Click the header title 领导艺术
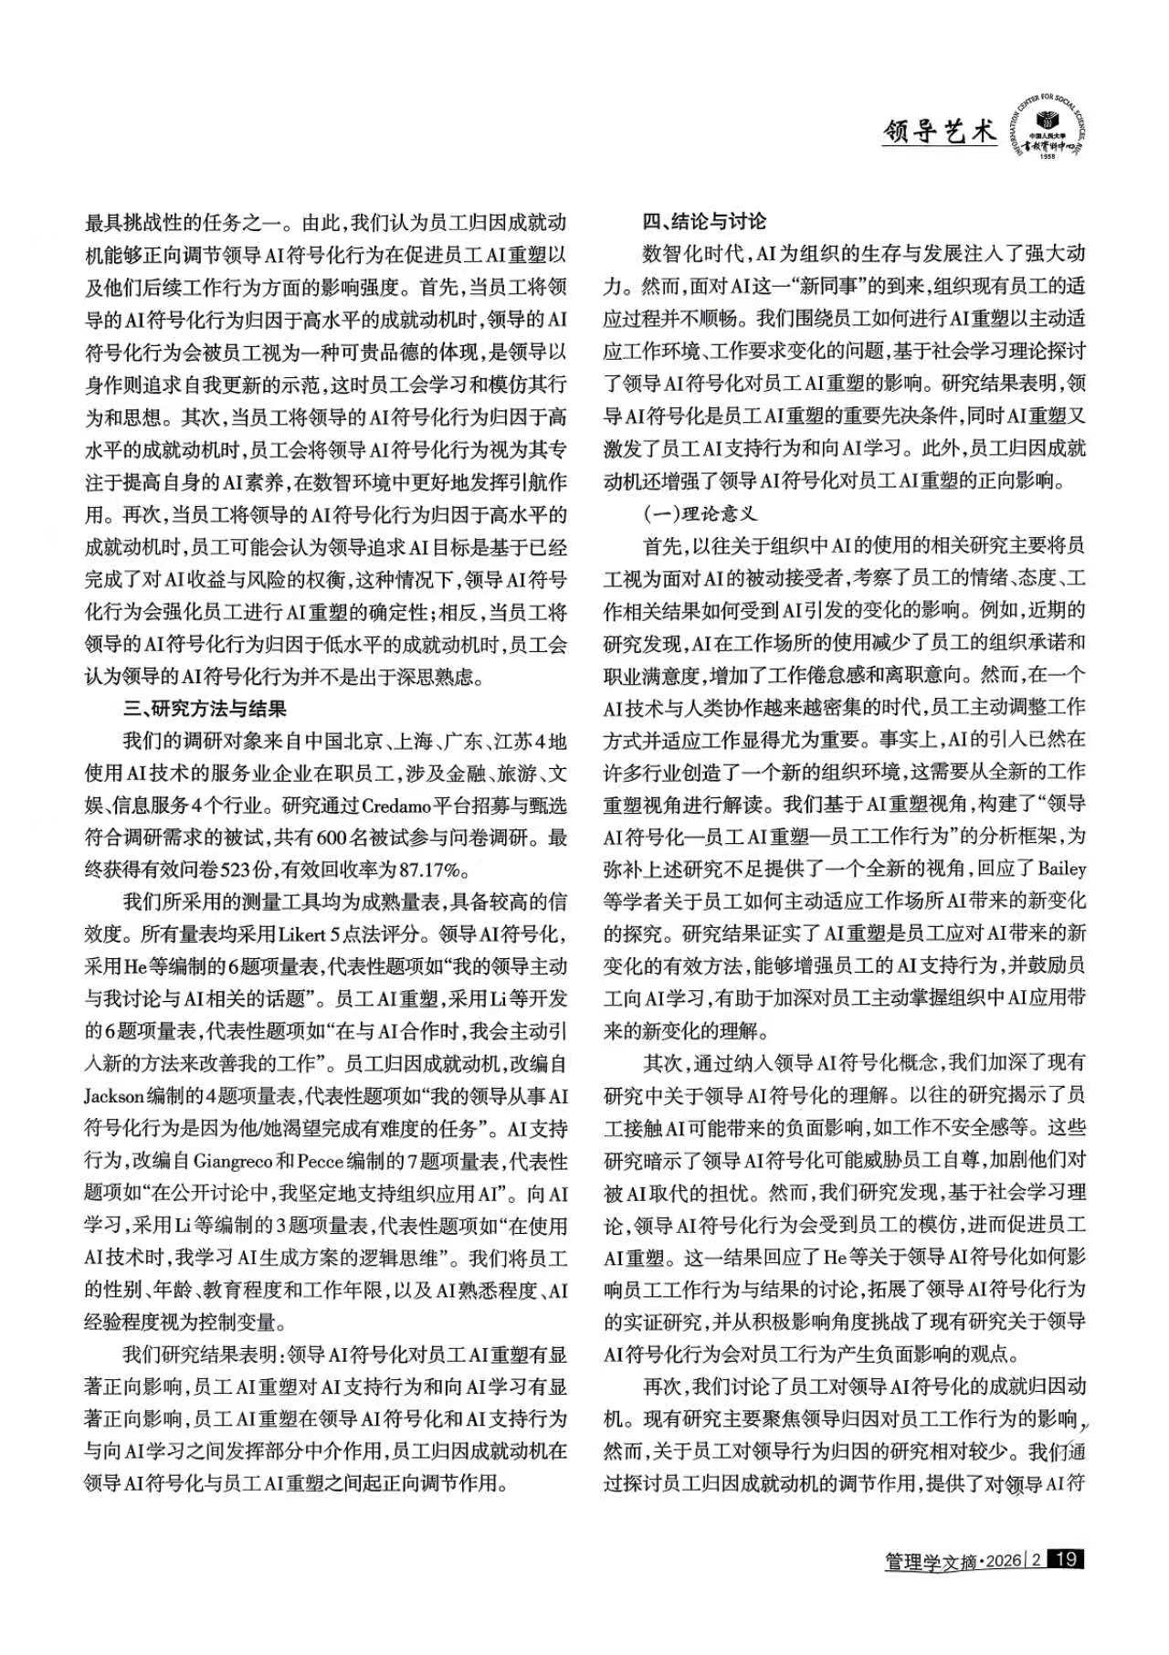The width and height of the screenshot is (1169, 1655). click(x=939, y=133)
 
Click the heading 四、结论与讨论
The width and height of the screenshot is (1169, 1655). click(x=704, y=221)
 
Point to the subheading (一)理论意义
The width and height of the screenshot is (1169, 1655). click(x=703, y=514)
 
